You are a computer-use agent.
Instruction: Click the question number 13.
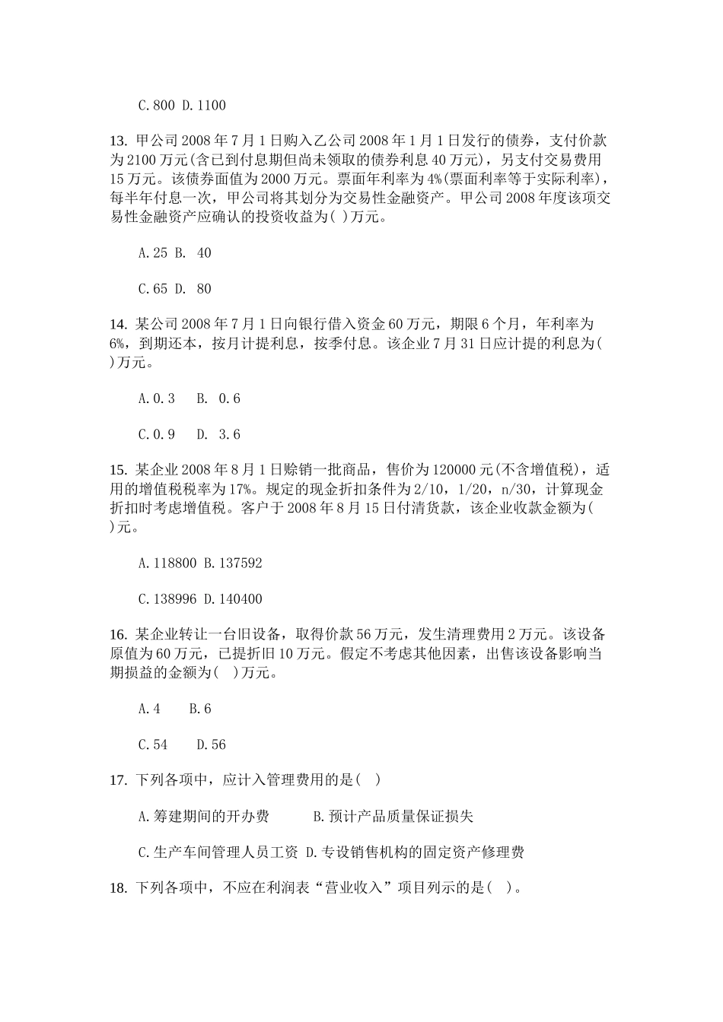pyautogui.click(x=118, y=141)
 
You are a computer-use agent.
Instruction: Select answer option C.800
pyautogui.click(x=156, y=106)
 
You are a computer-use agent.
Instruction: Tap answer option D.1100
pyautogui.click(x=204, y=106)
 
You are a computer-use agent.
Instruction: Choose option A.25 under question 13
pyautogui.click(x=153, y=253)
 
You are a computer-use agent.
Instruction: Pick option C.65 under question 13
pyautogui.click(x=153, y=289)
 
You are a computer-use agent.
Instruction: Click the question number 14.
pyautogui.click(x=118, y=325)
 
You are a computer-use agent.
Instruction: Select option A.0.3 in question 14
pyautogui.click(x=157, y=398)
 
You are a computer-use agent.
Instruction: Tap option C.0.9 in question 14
pyautogui.click(x=157, y=434)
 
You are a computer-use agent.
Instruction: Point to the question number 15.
pyautogui.click(x=118, y=470)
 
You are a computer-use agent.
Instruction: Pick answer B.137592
pyautogui.click(x=233, y=563)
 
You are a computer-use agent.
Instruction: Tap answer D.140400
pyautogui.click(x=233, y=599)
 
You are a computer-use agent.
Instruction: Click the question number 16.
pyautogui.click(x=118, y=635)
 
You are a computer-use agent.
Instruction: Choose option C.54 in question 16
pyautogui.click(x=153, y=745)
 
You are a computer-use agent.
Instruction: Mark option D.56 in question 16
pyautogui.click(x=211, y=745)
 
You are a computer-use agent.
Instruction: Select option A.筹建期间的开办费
pyautogui.click(x=204, y=817)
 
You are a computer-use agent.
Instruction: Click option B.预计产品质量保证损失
pyautogui.click(x=393, y=817)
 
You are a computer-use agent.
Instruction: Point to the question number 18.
pyautogui.click(x=118, y=888)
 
